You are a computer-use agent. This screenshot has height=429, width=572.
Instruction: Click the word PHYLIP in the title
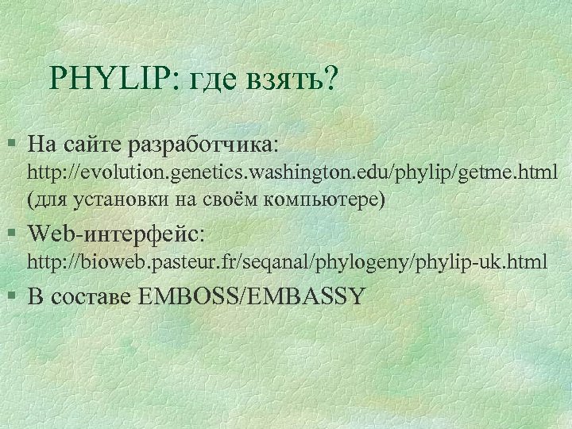[x=105, y=79]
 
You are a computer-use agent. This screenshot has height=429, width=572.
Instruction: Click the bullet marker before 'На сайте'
[x=10, y=145]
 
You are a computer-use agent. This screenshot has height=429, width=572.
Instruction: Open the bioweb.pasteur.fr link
[x=288, y=261]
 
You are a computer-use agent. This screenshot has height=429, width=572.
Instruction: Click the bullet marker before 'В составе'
[x=10, y=296]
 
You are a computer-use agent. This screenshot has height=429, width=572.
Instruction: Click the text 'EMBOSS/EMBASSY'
[x=251, y=296]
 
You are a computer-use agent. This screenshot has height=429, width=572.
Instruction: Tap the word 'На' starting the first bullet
[x=38, y=146]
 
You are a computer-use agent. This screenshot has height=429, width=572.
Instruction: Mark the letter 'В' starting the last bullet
[x=34, y=296]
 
